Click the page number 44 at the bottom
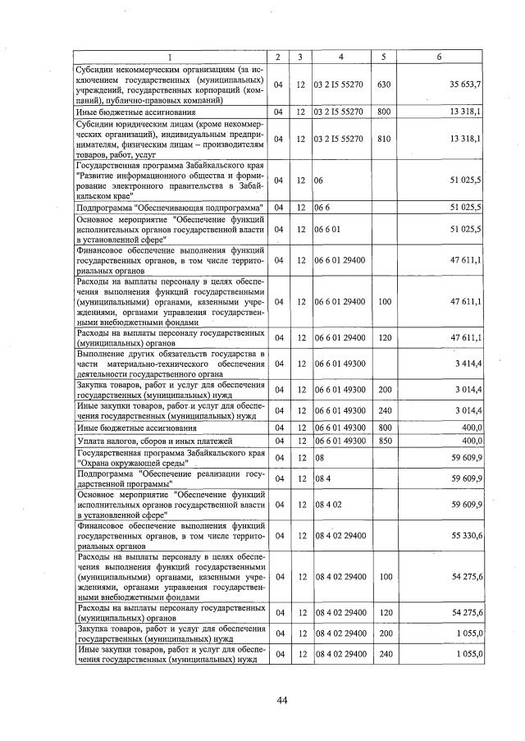tap(282, 700)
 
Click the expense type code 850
tap(382, 441)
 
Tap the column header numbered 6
tap(440, 56)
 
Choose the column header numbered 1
tap(171, 56)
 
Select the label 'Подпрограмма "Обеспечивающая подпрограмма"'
tap(169, 206)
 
